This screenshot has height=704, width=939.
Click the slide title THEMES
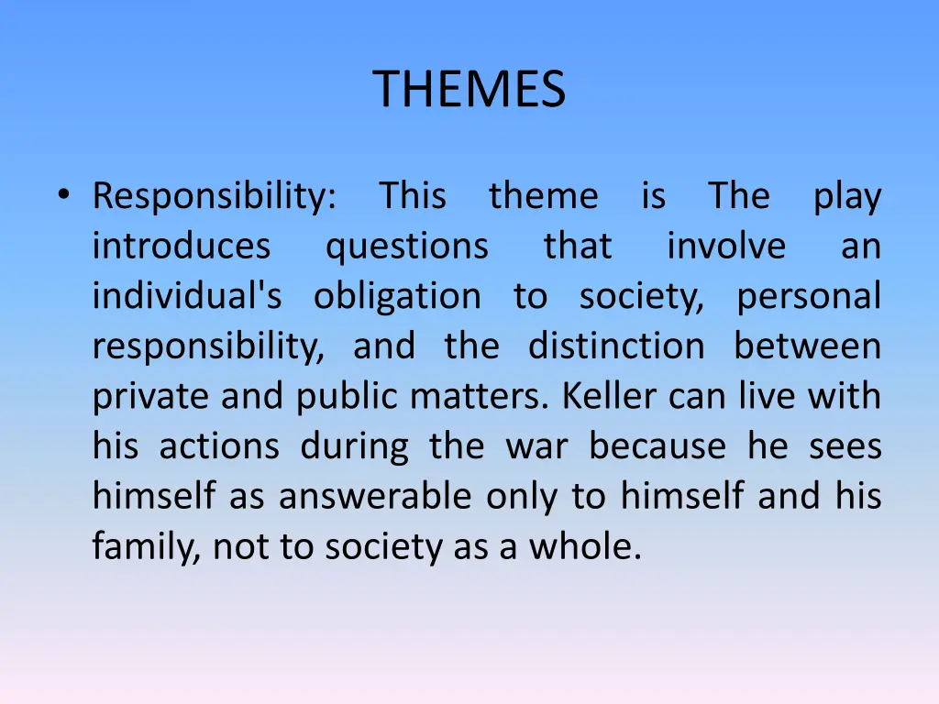[x=469, y=90]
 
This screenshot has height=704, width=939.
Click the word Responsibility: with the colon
[x=215, y=197]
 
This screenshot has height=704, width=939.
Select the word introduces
[x=182, y=247]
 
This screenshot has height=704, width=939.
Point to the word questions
[x=407, y=247]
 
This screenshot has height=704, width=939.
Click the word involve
[x=725, y=247]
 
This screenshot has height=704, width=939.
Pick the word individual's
[x=187, y=296]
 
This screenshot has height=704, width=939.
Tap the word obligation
[x=397, y=297]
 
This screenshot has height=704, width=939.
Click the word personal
[x=808, y=297]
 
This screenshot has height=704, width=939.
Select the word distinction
[x=616, y=346]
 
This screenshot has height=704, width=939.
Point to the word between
[x=807, y=346]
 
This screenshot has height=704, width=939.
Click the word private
[x=146, y=397]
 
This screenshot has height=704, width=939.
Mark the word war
[x=536, y=446]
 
